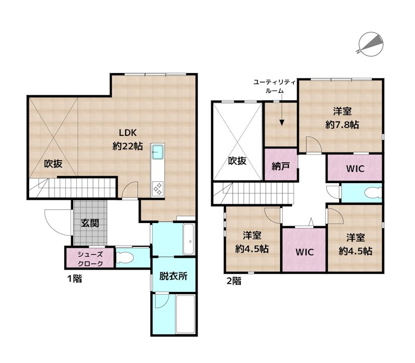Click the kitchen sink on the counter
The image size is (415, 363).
tap(158, 152)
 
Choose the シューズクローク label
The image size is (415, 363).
tap(90, 258)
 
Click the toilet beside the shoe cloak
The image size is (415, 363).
tap(125, 257)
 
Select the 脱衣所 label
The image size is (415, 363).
tap(173, 276)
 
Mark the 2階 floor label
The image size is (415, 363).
tap(233, 282)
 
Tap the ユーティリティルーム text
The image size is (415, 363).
tap(274, 86)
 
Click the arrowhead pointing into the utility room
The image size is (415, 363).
tap(281, 122)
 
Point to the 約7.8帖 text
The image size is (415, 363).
tap(342, 124)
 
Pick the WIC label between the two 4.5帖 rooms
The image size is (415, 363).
tap(304, 253)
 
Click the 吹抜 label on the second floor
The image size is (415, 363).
tap(237, 161)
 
